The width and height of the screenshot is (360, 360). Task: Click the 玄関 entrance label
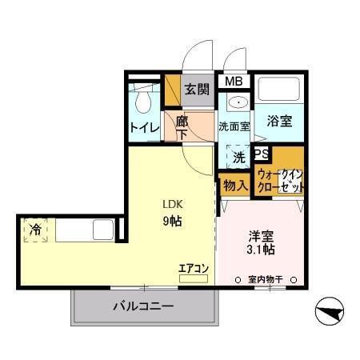click(x=198, y=90)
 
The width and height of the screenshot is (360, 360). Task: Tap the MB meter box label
click(x=233, y=82)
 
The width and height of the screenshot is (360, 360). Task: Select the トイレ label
click(x=144, y=127)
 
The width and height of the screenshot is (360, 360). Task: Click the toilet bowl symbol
click(x=145, y=101)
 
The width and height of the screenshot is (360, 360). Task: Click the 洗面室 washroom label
click(x=234, y=126)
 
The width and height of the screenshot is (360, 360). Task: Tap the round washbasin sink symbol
click(x=236, y=102)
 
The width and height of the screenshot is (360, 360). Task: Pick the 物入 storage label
click(x=234, y=186)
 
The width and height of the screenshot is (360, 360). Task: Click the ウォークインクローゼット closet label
click(x=280, y=180)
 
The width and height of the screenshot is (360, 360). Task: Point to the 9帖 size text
click(x=174, y=221)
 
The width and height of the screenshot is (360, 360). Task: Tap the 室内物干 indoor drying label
click(x=267, y=280)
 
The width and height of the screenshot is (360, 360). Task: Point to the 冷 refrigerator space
click(x=35, y=230)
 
